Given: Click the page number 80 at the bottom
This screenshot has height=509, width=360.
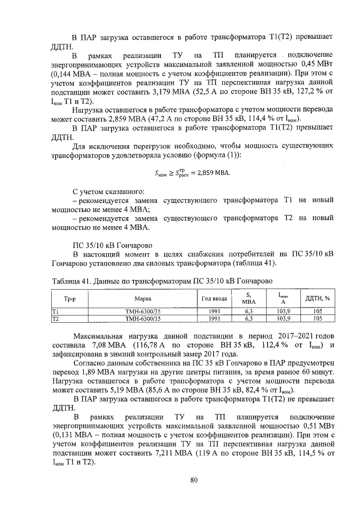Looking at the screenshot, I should coord(194,480).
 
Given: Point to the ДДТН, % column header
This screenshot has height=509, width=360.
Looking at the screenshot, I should coord(317,298).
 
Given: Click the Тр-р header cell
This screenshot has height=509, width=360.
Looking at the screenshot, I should coord(70,298).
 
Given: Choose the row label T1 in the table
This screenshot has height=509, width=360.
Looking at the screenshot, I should coord(55,311).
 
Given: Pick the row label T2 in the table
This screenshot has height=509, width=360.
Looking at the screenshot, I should coord(55,318).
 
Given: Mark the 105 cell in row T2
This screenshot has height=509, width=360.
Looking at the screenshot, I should coord(317,318).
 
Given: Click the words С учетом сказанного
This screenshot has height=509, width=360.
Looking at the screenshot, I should coord(105,191).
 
